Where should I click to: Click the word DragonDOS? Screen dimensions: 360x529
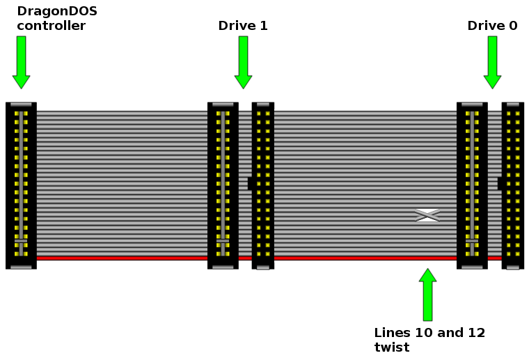tap(57, 11)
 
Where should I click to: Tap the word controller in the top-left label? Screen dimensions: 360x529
tap(51, 26)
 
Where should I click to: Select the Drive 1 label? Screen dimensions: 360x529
tap(243, 26)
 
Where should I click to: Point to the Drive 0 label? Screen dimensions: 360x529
tap(492, 26)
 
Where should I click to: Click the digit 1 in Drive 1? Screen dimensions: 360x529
tap(263, 26)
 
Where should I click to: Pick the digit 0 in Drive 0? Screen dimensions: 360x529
tap(512, 26)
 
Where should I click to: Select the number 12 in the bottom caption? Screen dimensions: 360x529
tap(476, 333)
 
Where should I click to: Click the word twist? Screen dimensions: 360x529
tap(391, 347)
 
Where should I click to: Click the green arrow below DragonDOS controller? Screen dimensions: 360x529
tap(22, 62)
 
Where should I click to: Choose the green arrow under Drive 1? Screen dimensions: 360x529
tap(243, 62)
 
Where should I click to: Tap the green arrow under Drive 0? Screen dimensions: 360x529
tap(492, 62)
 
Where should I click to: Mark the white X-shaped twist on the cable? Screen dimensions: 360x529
tap(427, 215)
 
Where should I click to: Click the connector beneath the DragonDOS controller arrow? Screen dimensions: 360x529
tap(21, 185)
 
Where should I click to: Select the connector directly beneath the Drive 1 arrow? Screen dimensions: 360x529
tap(223, 185)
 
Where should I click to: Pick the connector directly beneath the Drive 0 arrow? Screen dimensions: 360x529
tap(472, 185)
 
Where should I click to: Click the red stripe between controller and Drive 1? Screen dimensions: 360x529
tap(122, 258)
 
